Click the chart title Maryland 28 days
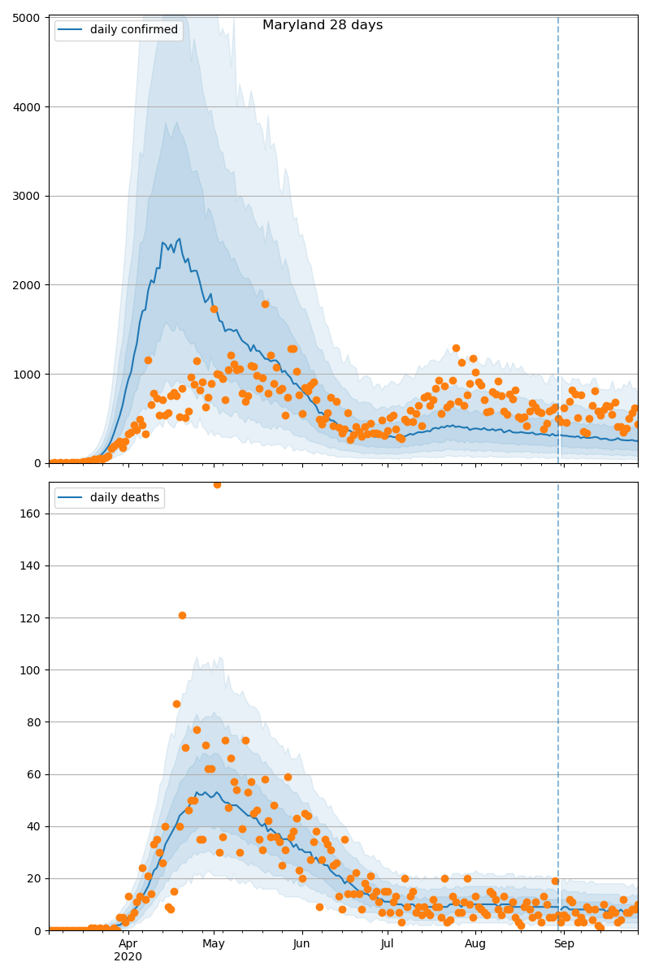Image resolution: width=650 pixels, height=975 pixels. pos(323,25)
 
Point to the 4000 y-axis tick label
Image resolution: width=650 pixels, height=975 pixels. pos(28,106)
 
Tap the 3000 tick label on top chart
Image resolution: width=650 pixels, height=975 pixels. pos(28,196)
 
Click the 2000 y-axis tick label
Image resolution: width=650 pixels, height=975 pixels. pos(28,285)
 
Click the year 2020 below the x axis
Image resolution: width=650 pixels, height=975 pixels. pos(128,956)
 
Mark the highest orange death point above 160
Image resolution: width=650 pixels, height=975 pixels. pos(217,484)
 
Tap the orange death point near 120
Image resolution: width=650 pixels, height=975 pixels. pos(182,615)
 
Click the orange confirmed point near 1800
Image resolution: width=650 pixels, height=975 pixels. pos(265,304)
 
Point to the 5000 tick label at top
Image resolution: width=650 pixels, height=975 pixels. pos(28,17)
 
